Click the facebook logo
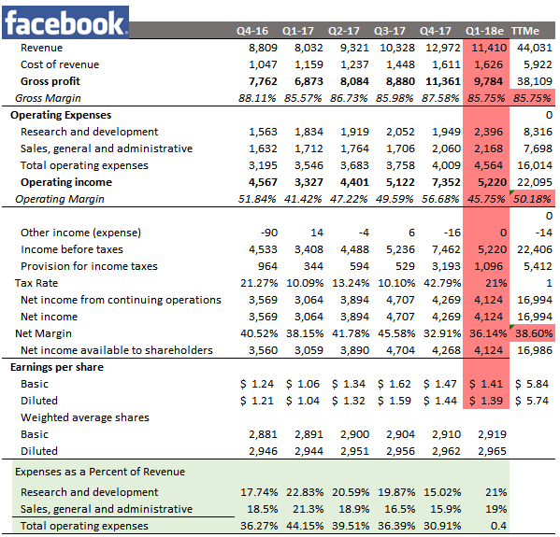pyautogui.click(x=65, y=21)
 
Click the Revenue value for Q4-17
pyautogui.click(x=443, y=47)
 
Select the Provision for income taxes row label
pyautogui.click(x=89, y=266)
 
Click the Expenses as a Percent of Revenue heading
pyautogui.click(x=98, y=472)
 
